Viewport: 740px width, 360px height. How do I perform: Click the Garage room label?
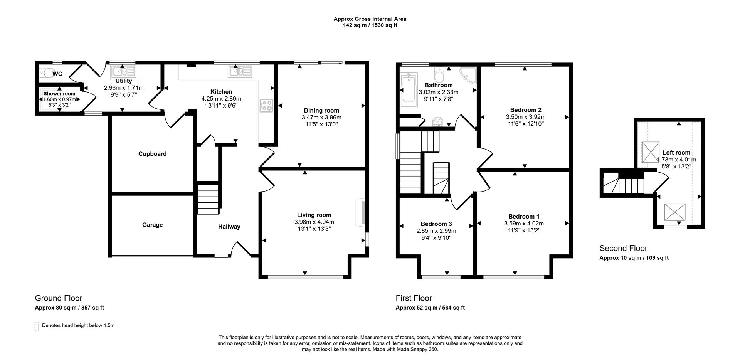point(152,225)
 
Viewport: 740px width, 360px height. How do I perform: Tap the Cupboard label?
point(152,154)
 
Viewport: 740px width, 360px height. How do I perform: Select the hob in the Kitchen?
point(266,105)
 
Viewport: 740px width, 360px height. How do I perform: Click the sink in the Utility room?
point(123,71)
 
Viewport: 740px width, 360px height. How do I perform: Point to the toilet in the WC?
point(46,72)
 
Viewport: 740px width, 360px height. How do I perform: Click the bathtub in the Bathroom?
point(407,91)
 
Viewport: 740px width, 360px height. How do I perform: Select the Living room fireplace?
point(362,212)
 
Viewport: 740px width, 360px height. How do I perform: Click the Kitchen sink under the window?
point(240,71)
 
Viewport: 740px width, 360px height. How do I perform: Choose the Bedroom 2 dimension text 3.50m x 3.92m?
point(526,117)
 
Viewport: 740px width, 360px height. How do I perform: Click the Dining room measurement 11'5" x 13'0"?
point(321,124)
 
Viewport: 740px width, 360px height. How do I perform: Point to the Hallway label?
point(229,227)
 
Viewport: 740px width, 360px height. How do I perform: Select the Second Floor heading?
point(623,248)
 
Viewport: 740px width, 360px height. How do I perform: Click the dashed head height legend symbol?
point(37,326)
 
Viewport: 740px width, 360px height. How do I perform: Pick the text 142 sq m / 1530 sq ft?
point(370,25)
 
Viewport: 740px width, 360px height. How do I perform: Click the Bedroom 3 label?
point(436,224)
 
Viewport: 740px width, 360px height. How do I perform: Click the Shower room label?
point(59,94)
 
